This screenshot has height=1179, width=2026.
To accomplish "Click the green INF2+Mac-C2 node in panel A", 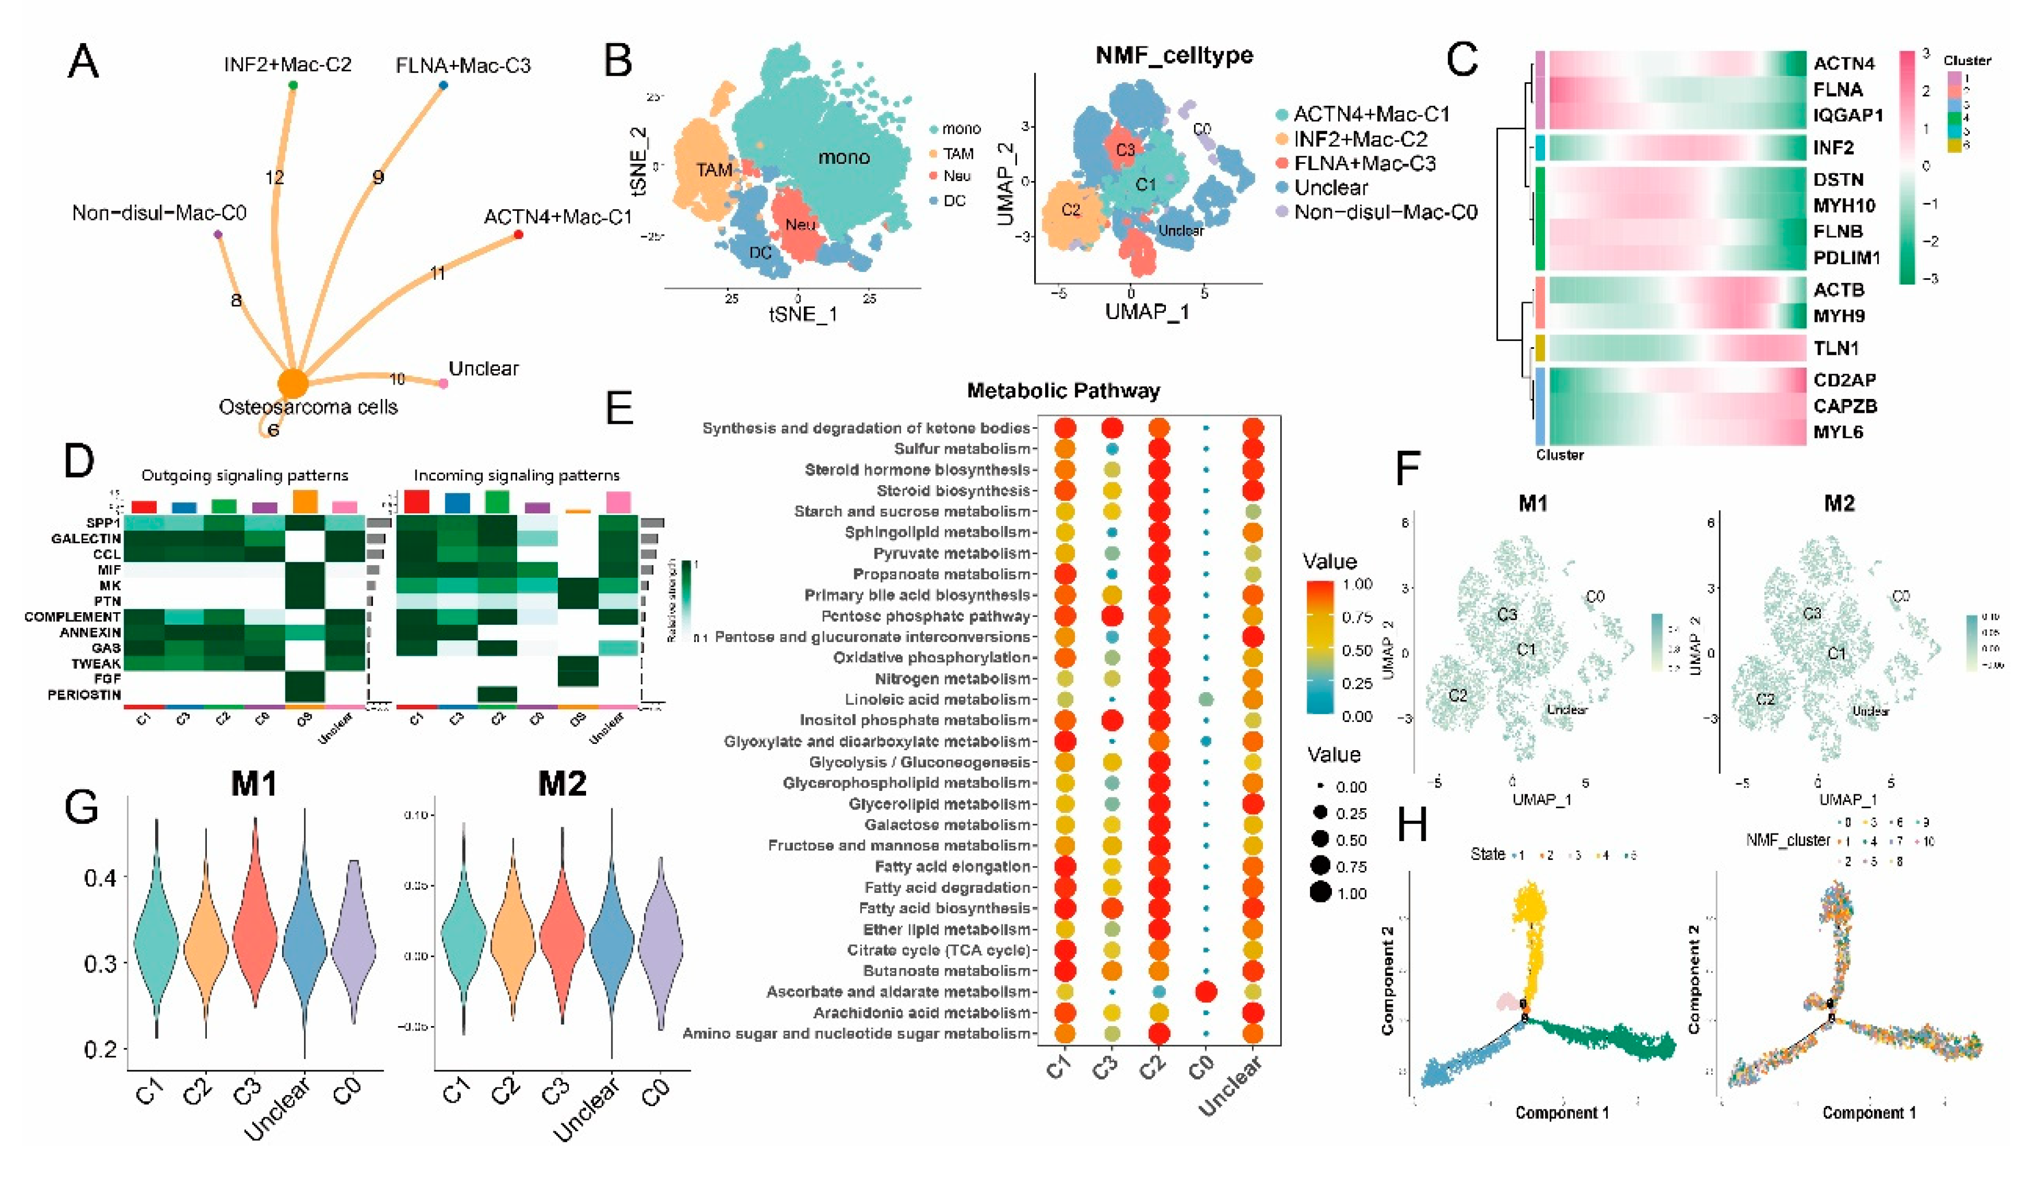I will point(292,85).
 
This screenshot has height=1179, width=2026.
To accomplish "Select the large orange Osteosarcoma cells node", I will point(294,383).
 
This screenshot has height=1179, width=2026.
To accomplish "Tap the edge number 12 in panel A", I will point(275,177).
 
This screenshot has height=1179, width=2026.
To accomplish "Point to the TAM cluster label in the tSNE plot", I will point(714,170).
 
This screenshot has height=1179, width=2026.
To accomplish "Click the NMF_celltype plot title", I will point(1174,56).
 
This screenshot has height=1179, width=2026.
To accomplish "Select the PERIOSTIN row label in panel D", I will point(84,695).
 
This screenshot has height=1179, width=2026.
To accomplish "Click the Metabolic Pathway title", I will point(1063,391).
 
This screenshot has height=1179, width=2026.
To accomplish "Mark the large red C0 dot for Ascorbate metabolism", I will point(1205,992).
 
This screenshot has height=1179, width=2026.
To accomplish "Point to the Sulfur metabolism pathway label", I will point(961,449).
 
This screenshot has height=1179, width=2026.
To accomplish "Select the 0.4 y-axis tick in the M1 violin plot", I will point(101,877).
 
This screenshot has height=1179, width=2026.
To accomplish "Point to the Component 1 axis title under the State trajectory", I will point(1561,1113).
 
